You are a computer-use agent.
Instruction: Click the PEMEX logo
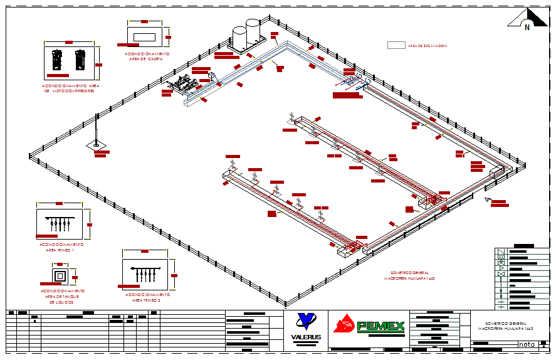(369, 326)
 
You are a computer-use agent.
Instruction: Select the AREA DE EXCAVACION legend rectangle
(396, 45)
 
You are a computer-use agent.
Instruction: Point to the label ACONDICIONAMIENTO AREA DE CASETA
(147, 56)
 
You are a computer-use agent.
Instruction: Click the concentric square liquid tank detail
(60, 276)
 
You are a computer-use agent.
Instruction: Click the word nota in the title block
(526, 344)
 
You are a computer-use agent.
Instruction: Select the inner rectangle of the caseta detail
(145, 36)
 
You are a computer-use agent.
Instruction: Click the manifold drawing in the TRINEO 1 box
(60, 223)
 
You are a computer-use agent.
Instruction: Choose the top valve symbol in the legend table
(501, 251)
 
